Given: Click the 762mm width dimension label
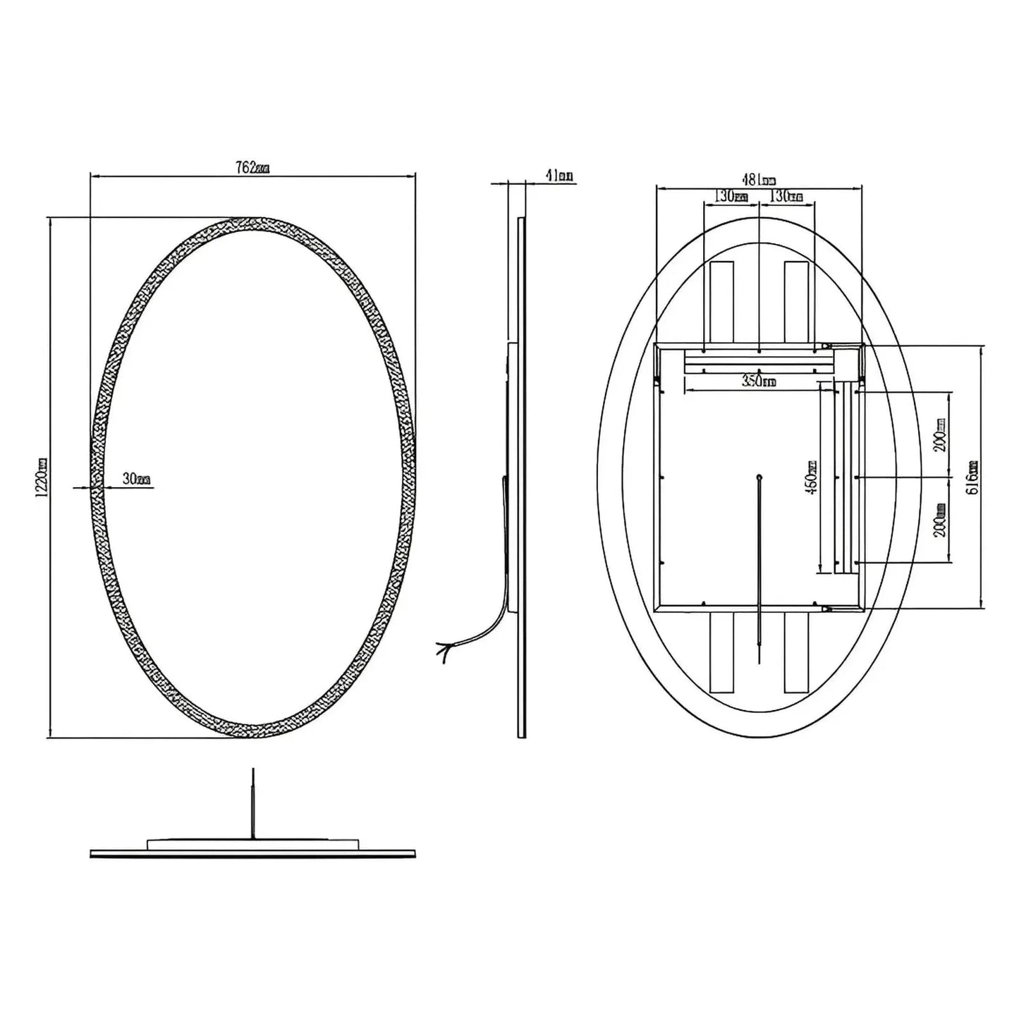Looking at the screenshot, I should click(252, 168).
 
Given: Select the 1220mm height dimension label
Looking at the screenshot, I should click(42, 477).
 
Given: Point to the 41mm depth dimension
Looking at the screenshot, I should click(559, 176).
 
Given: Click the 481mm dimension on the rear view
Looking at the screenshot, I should click(758, 180).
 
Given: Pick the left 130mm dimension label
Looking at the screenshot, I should click(731, 196).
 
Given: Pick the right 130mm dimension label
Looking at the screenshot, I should click(786, 196).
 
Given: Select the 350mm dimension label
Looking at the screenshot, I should click(758, 382).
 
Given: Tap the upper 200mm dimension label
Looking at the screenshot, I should click(941, 434).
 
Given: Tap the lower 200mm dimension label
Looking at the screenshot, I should click(941, 520).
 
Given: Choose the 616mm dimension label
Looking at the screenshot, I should click(973, 477).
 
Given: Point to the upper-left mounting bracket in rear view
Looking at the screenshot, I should click(721, 302).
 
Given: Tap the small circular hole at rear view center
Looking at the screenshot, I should click(759, 477).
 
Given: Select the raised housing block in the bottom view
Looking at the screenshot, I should click(252, 843).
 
